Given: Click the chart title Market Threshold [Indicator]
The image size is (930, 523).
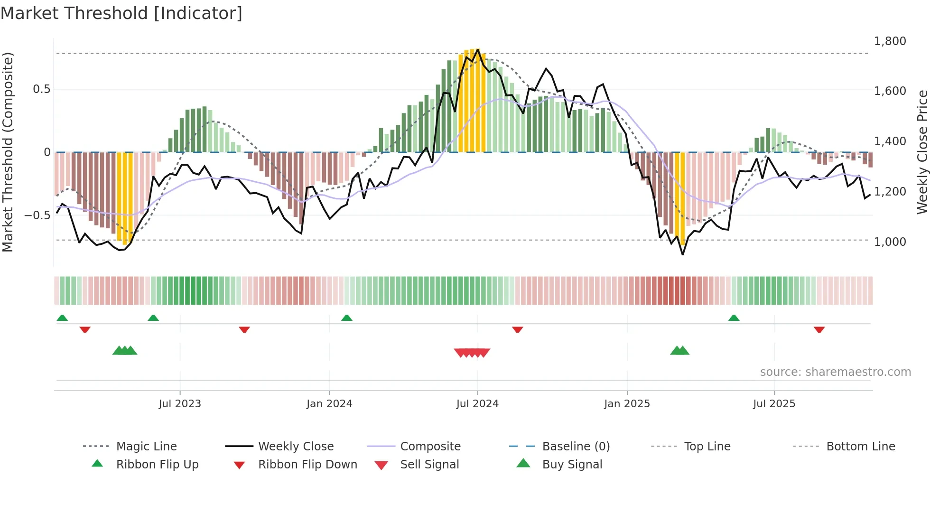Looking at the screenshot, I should click(121, 13).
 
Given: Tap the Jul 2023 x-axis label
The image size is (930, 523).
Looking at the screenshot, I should click(180, 404).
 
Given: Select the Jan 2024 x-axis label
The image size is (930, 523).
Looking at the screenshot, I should click(329, 404).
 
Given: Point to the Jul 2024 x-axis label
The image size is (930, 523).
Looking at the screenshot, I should click(477, 404).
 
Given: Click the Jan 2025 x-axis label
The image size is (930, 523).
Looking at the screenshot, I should click(627, 404).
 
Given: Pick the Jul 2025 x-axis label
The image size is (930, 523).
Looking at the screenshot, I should click(774, 404).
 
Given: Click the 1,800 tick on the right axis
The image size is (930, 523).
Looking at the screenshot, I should click(890, 41).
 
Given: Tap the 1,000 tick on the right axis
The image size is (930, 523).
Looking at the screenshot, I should click(890, 242).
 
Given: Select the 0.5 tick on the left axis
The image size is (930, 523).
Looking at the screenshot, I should click(41, 89).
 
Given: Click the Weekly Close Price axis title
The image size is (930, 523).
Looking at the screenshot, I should click(922, 152).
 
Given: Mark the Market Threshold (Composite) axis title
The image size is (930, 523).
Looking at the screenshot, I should click(8, 152).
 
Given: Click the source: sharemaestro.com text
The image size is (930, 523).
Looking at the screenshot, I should click(835, 372).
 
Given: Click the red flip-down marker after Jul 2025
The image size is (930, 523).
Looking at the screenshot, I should click(819, 329).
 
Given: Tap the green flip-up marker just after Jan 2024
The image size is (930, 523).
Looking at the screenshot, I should click(347, 318).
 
